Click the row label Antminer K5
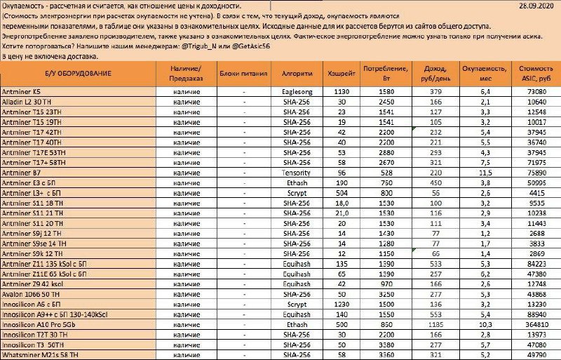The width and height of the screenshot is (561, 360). pos(22,91)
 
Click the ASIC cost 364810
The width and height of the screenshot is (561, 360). pos(536,326)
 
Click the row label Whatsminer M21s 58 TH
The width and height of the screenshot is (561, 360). pos(39,356)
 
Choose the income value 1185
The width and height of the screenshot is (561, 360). pos(435,326)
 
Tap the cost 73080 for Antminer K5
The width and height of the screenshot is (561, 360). pos(536,91)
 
